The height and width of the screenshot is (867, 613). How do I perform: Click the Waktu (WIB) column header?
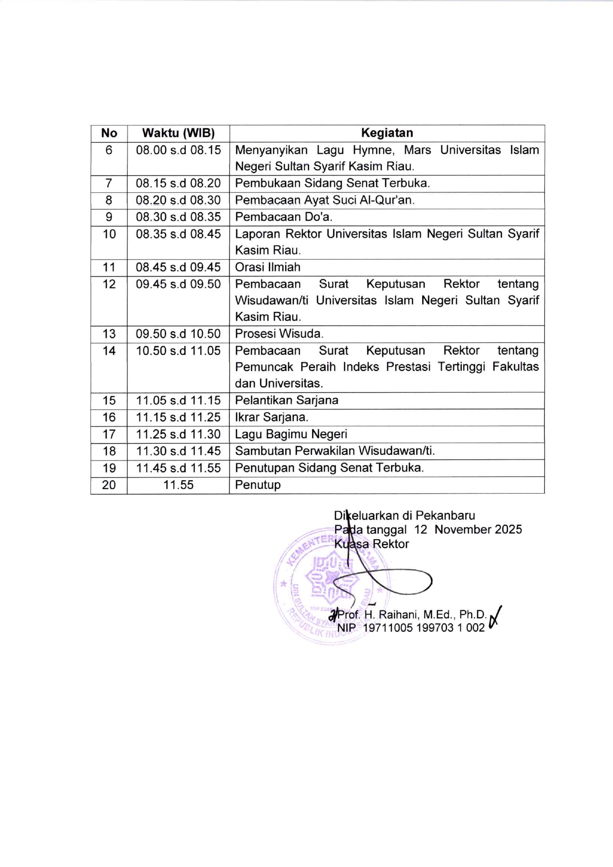point(178,133)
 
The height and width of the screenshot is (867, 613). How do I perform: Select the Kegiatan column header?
point(387,133)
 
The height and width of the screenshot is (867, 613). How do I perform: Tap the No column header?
point(109,133)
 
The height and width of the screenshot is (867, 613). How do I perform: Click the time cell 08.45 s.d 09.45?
point(178,268)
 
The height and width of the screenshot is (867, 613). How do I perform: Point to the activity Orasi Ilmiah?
point(267,268)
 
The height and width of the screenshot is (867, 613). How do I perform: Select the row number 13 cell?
point(109,334)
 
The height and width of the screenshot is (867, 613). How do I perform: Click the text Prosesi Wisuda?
point(279,334)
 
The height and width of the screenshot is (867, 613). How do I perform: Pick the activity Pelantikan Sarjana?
point(286,400)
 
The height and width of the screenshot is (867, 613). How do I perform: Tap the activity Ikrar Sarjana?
point(271,417)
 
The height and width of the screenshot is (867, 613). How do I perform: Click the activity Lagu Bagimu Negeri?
point(291,434)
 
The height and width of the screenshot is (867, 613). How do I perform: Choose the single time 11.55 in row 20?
point(178,485)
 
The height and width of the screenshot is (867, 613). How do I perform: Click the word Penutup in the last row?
point(258,485)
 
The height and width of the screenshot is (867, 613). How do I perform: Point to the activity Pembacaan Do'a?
point(283,217)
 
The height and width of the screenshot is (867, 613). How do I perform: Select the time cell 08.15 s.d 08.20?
point(178,183)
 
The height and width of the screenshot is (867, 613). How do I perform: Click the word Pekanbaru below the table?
point(445,515)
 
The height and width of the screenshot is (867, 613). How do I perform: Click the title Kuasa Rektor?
point(372,544)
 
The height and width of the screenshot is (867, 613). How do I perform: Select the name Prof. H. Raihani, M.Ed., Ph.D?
point(412,615)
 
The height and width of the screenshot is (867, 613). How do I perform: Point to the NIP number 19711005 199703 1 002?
point(424,628)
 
